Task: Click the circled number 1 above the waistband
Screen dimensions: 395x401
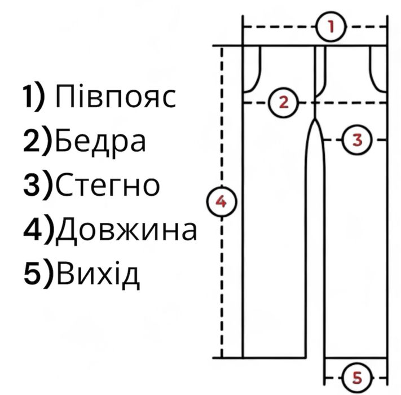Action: [331, 27]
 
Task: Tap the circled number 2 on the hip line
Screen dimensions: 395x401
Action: [284, 103]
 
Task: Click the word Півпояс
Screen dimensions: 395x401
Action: [116, 97]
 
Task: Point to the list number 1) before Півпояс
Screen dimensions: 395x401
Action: [34, 97]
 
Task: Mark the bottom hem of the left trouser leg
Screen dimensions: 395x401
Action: [274, 357]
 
